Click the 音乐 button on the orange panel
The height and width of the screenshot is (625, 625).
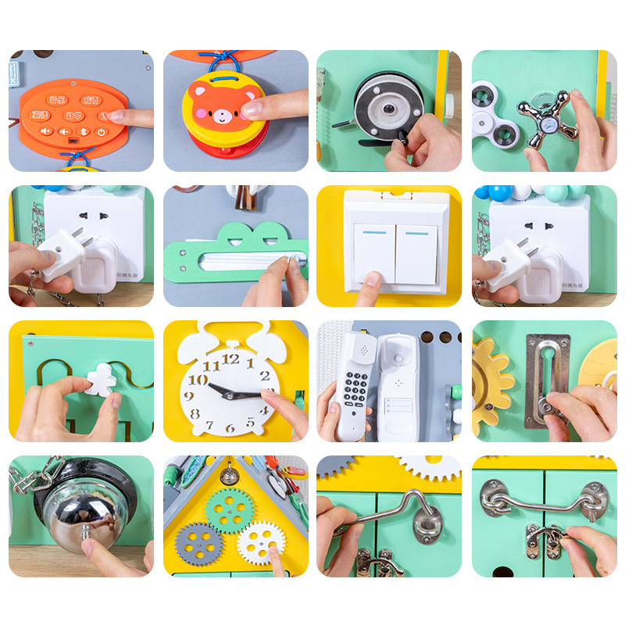pyautogui.click(x=55, y=100)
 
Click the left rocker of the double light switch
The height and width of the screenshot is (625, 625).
pyautogui.click(x=373, y=254)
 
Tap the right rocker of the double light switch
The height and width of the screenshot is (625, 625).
pyautogui.click(x=416, y=254)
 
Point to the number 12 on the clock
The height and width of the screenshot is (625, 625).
pyautogui.click(x=230, y=359)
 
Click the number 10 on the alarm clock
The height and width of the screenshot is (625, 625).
pyautogui.click(x=198, y=380)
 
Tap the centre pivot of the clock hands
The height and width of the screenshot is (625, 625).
pyautogui.click(x=229, y=393)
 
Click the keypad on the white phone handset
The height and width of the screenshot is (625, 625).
pyautogui.click(x=355, y=387)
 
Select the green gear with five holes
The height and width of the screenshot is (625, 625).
pyautogui.click(x=229, y=512)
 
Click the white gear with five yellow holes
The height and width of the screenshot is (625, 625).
pyautogui.click(x=259, y=542)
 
